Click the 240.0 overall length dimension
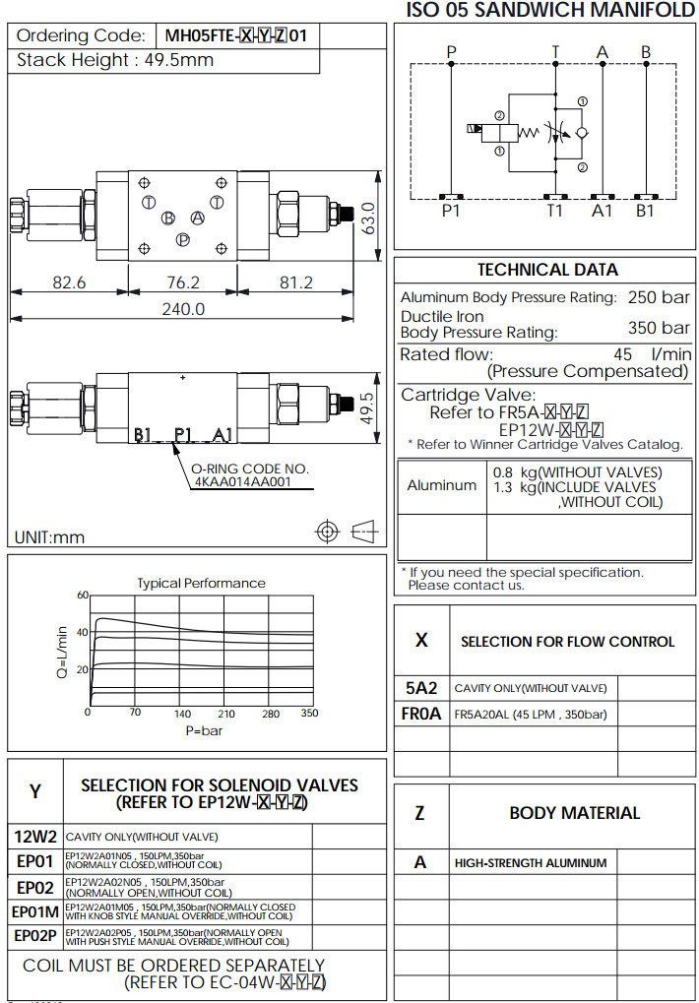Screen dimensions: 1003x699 (183, 309)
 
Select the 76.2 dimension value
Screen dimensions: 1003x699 (183, 282)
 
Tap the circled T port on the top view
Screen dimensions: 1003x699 (149, 202)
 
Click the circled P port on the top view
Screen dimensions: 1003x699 (182, 239)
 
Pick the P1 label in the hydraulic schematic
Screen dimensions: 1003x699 (451, 209)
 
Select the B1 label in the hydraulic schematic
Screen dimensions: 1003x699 (645, 209)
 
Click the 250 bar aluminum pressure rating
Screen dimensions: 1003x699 (659, 296)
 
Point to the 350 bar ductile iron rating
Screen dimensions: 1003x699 (659, 328)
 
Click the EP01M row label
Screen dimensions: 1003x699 (36, 911)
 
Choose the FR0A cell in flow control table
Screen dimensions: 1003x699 (421, 715)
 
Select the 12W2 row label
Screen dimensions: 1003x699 (35, 837)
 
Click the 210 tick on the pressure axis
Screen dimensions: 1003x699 (226, 713)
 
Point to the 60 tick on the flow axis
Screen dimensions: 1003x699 (83, 595)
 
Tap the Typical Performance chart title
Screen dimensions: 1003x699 (201, 583)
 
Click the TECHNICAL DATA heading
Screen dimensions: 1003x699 (547, 270)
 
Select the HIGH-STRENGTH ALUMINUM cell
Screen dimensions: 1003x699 (531, 863)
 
